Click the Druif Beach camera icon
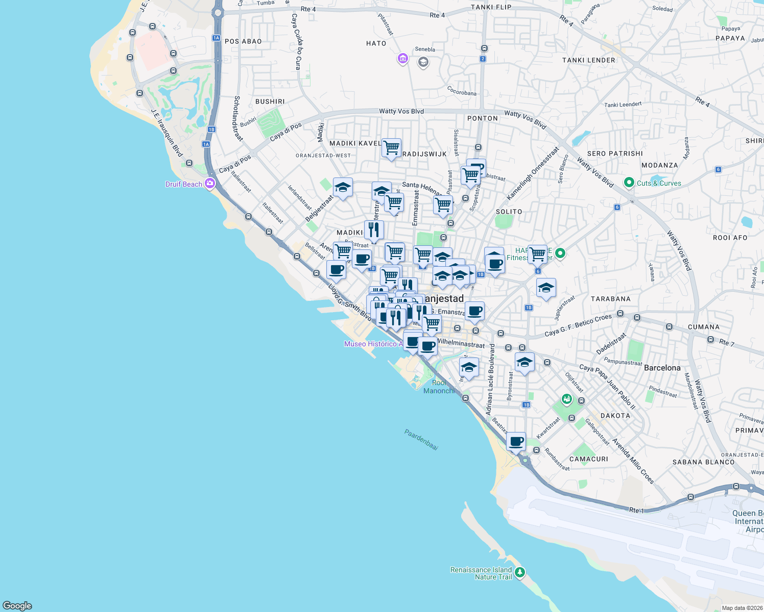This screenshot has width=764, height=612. point(209,184)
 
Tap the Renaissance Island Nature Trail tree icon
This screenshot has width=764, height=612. point(520,573)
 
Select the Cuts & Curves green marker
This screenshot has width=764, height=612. point(629,183)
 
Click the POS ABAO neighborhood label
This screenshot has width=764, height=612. point(243,41)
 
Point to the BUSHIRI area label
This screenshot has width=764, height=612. point(270,101)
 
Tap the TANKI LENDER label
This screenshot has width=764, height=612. point(588,60)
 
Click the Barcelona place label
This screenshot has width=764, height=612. point(662,368)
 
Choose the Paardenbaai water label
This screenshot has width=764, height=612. point(421,440)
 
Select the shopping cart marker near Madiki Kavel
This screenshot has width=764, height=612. point(391,148)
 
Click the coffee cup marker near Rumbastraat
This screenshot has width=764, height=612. point(516,441)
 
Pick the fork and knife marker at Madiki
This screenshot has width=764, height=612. point(374,230)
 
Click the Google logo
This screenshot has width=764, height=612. point(17,605)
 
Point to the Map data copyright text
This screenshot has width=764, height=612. point(742,608)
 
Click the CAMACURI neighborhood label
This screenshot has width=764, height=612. point(588,459)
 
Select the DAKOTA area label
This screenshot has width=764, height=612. point(615,416)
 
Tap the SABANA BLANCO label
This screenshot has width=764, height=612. point(703,462)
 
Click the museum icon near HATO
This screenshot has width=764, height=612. point(402,59)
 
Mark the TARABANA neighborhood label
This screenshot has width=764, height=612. point(610,299)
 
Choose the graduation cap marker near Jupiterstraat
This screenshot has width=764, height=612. point(546,288)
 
